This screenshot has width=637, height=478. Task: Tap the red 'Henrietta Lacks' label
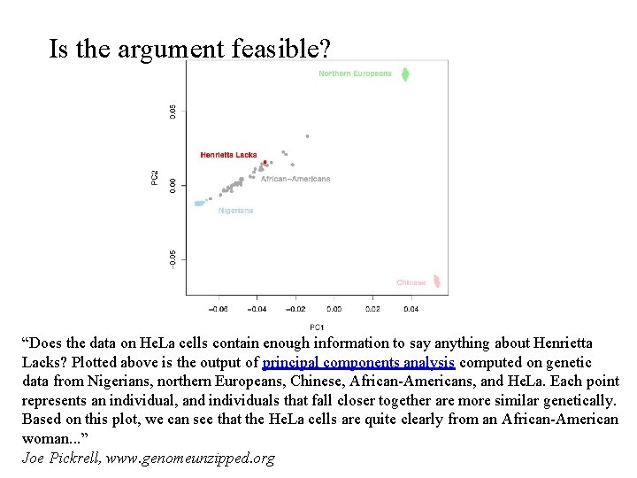[x=228, y=155]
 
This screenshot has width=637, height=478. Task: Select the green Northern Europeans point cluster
[x=405, y=73]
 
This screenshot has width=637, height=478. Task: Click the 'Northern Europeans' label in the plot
[x=355, y=73]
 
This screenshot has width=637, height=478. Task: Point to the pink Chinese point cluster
[x=434, y=282]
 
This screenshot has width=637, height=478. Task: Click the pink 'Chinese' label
[x=411, y=282]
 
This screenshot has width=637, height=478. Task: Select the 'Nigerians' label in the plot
[x=235, y=211]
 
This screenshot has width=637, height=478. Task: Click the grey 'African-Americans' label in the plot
[x=295, y=179]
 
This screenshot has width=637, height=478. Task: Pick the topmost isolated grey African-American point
[x=307, y=136]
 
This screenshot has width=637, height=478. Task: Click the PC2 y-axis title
[x=156, y=178]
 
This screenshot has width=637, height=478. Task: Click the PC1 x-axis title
[x=316, y=327]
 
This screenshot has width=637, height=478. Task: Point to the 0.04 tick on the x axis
[x=411, y=310]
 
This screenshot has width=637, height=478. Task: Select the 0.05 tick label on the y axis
[x=173, y=111]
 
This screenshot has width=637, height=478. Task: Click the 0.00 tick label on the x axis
[x=334, y=310]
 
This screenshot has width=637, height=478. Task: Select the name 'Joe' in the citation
[x=34, y=458]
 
